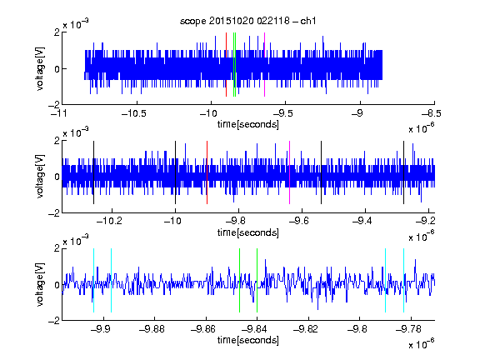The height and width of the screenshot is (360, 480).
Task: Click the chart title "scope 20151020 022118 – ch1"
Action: click(x=248, y=21)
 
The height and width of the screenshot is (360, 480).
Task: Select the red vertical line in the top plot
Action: click(x=226, y=65)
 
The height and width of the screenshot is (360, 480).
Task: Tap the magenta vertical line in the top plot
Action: click(x=264, y=65)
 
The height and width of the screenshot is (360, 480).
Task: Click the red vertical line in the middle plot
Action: click(x=207, y=172)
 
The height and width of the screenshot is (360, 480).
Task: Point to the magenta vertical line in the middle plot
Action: click(x=290, y=172)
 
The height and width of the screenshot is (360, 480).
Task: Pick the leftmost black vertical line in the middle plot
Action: click(x=93, y=172)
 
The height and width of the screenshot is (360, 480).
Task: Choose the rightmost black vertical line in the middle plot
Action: click(x=403, y=172)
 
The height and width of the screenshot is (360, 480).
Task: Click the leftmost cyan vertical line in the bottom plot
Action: click(x=93, y=280)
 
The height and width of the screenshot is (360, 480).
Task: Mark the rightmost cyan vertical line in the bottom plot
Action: click(x=403, y=280)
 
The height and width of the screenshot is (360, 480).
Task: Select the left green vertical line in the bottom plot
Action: click(x=239, y=280)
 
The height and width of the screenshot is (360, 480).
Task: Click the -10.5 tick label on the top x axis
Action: click(x=134, y=113)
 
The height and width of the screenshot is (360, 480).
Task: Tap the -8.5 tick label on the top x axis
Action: click(x=432, y=113)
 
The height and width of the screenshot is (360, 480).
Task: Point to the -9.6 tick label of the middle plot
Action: click(x=298, y=220)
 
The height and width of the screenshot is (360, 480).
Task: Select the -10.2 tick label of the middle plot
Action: click(x=109, y=220)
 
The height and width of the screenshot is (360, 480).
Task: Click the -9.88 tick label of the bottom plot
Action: click(x=152, y=329)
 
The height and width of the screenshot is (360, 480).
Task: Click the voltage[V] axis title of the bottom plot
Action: click(x=40, y=285)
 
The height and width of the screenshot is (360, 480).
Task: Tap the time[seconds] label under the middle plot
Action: click(x=248, y=232)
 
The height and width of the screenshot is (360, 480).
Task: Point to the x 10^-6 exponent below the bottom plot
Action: click(x=421, y=343)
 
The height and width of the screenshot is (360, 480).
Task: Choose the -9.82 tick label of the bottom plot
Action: click(x=306, y=329)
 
